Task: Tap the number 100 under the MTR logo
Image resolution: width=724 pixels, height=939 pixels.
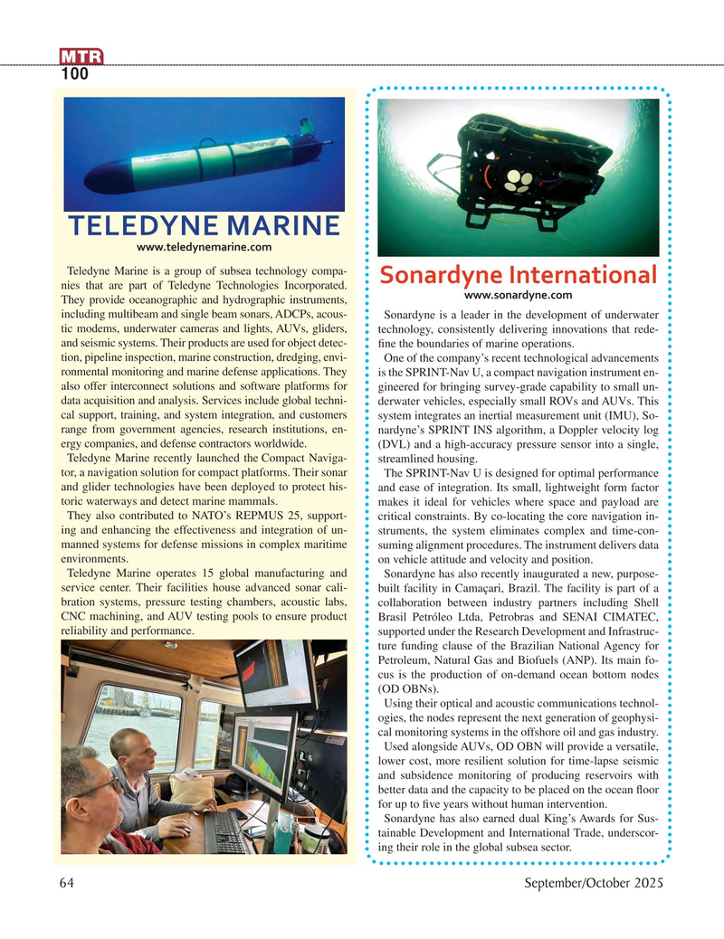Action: click(x=75, y=75)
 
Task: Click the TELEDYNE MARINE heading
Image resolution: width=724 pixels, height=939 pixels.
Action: click(x=204, y=223)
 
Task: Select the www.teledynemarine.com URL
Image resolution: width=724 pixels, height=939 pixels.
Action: click(x=204, y=246)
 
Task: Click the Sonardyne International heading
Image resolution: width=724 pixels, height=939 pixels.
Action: click(x=517, y=275)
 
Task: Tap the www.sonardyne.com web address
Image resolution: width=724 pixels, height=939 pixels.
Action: click(x=517, y=295)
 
